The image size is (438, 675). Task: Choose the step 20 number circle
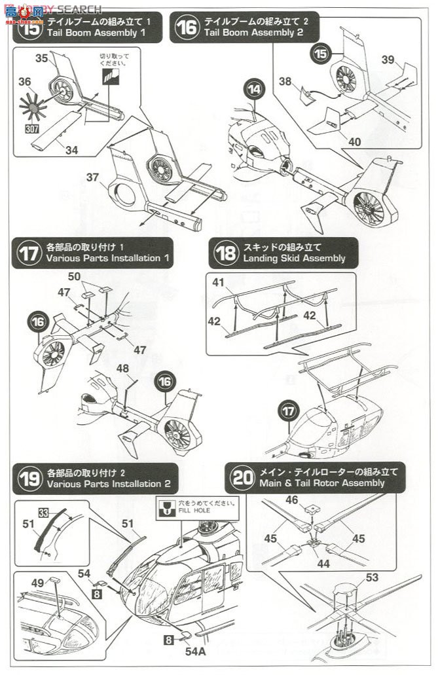click(242, 479)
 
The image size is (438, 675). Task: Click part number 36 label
click(26, 82)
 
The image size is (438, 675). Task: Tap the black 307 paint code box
click(31, 129)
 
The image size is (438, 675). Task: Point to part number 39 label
click(388, 60)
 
